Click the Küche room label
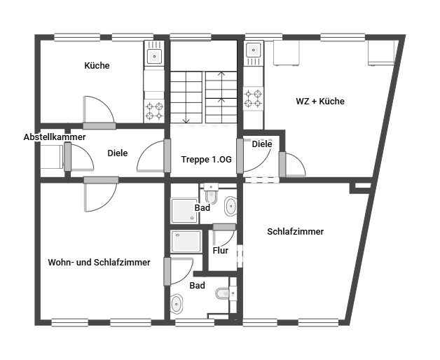click(97, 66)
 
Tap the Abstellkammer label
click(55, 137)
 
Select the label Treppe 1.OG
click(206, 159)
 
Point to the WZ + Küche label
click(320, 102)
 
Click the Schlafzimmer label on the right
click(295, 231)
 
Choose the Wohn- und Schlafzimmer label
click(99, 263)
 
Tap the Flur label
click(220, 250)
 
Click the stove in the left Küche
click(154, 111)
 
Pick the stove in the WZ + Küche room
click(253, 99)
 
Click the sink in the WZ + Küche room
click(253, 50)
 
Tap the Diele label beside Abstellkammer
click(118, 153)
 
